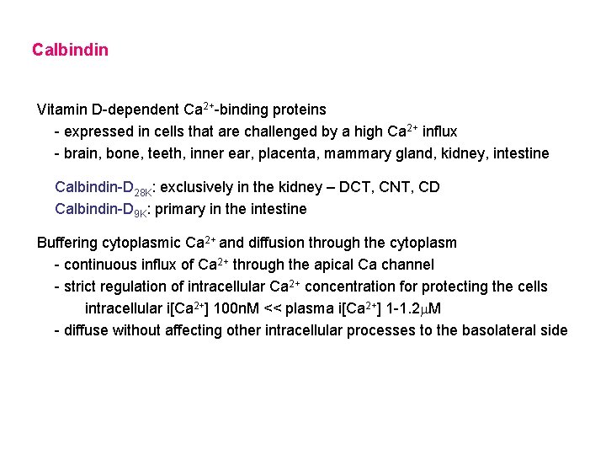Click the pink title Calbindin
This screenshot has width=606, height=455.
[x=70, y=50]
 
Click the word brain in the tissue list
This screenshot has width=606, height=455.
[x=82, y=153]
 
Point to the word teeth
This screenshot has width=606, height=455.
[x=170, y=153]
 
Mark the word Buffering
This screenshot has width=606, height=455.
[x=67, y=243]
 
